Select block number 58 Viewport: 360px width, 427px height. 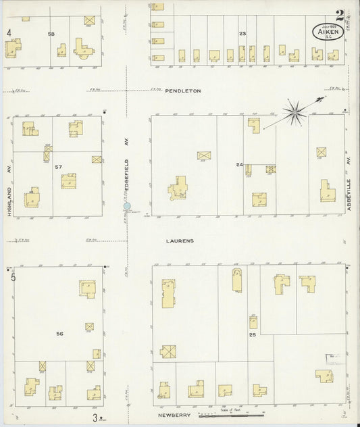[x=51, y=33]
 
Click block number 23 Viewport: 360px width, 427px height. [x=242, y=33]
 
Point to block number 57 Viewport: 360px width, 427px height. [x=59, y=166]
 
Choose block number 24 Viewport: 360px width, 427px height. [x=239, y=164]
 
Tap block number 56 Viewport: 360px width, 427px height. [x=59, y=334]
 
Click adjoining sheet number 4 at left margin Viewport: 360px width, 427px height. [x=9, y=32]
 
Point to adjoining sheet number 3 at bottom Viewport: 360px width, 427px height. [x=95, y=418]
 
